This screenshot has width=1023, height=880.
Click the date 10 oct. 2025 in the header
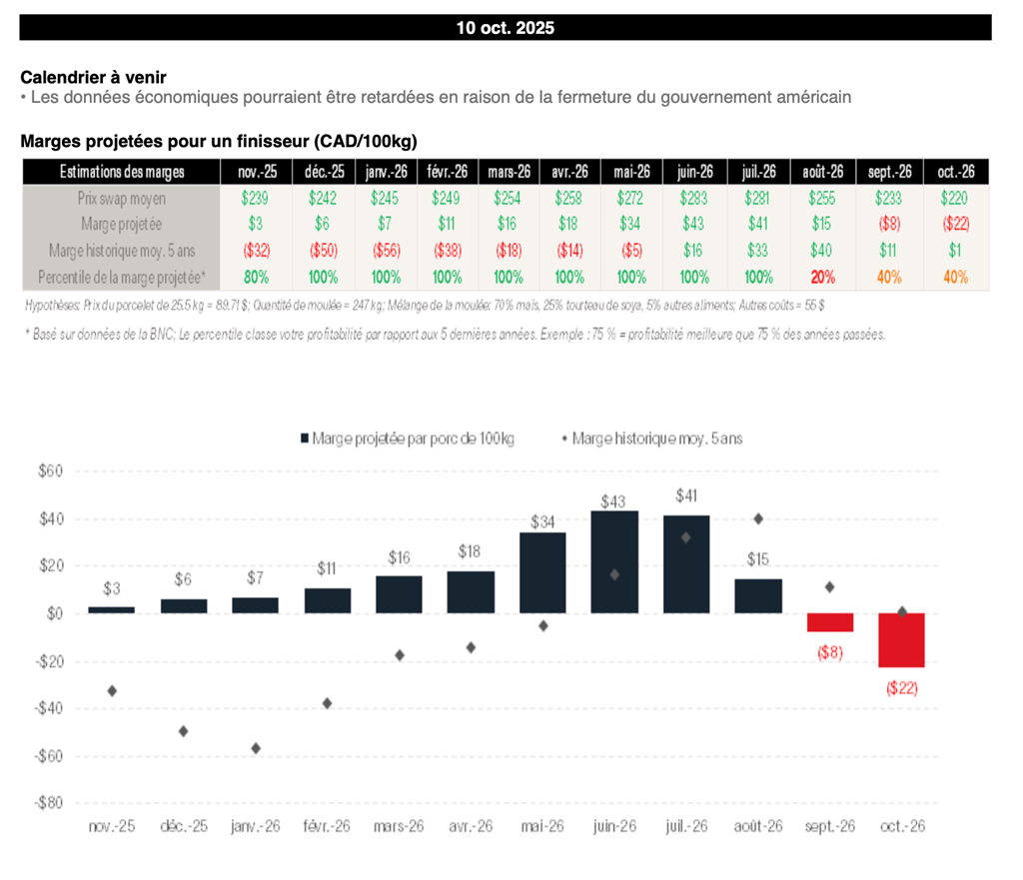pyautogui.click(x=505, y=28)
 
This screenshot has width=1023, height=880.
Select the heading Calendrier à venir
pyautogui.click(x=93, y=77)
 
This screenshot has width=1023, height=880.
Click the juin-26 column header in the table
pyautogui.click(x=695, y=172)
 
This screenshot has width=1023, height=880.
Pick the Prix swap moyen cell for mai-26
pyautogui.click(x=631, y=199)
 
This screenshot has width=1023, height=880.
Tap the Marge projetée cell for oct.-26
pyautogui.click(x=955, y=225)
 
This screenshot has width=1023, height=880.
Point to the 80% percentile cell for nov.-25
pyautogui.click(x=256, y=277)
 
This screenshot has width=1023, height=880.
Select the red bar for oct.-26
pyautogui.click(x=901, y=640)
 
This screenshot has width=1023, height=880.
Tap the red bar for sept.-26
pyautogui.click(x=830, y=622)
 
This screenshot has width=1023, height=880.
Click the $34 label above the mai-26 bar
pyautogui.click(x=542, y=521)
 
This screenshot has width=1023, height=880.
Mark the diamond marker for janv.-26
pyautogui.click(x=256, y=748)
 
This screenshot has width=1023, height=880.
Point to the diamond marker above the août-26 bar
pyautogui.click(x=758, y=518)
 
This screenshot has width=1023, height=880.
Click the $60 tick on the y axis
pyautogui.click(x=48, y=471)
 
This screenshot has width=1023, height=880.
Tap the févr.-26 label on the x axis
pyautogui.click(x=327, y=827)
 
